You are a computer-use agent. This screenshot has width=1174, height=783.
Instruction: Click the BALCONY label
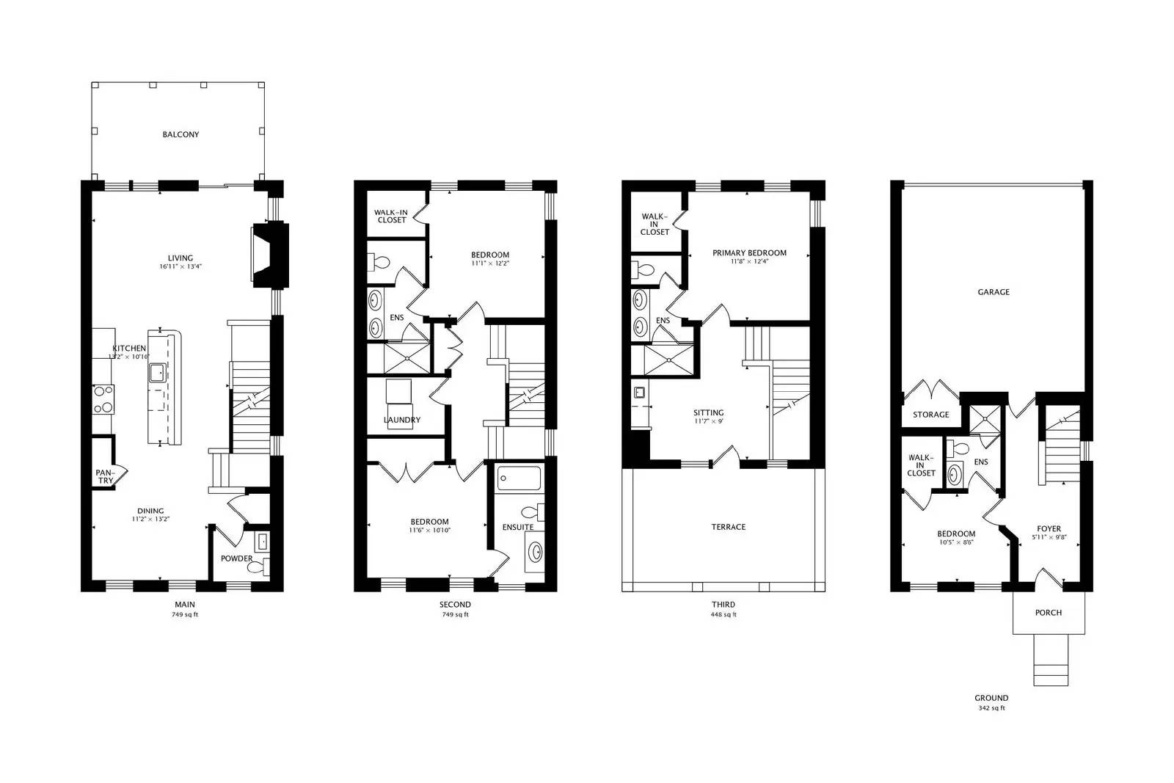click(x=181, y=135)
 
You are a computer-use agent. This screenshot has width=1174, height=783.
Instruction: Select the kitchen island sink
click(x=157, y=374)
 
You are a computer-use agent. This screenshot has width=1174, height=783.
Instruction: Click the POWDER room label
click(x=237, y=558)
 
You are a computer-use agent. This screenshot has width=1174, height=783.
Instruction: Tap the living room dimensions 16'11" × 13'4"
click(x=181, y=267)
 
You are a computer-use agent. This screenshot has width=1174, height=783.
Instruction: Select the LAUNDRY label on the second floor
click(x=402, y=420)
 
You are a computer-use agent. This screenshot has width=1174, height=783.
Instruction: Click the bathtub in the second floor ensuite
click(x=519, y=479)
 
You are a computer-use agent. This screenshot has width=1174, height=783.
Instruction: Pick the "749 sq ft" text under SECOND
click(x=455, y=615)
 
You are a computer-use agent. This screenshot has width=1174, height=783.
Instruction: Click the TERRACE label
click(x=729, y=527)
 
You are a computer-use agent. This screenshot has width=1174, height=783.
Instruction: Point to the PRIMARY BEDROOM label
click(x=749, y=253)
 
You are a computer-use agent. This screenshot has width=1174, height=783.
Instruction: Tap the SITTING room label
click(x=709, y=413)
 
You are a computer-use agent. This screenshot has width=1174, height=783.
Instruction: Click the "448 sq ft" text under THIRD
click(x=723, y=615)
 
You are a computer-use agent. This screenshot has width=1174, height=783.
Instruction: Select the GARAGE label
click(x=993, y=292)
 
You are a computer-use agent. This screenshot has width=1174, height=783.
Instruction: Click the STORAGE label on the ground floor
click(x=930, y=415)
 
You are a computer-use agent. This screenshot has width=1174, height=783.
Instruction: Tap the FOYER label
click(x=1049, y=528)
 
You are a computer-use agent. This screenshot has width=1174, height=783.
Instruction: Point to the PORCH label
click(x=1048, y=613)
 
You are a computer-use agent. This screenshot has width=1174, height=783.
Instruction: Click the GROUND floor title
click(x=991, y=698)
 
